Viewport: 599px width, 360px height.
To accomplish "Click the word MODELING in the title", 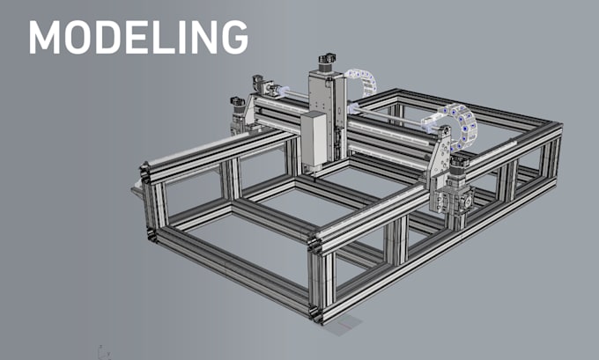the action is [x=138, y=37].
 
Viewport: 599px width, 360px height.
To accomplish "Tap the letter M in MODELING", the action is [x=44, y=37].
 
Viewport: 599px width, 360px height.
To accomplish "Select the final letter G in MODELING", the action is [x=234, y=37].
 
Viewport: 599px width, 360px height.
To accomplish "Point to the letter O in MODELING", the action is [x=79, y=37].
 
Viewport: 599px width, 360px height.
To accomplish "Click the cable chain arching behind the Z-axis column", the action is [x=364, y=81].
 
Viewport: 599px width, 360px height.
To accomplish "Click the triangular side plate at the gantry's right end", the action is [x=440, y=152].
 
